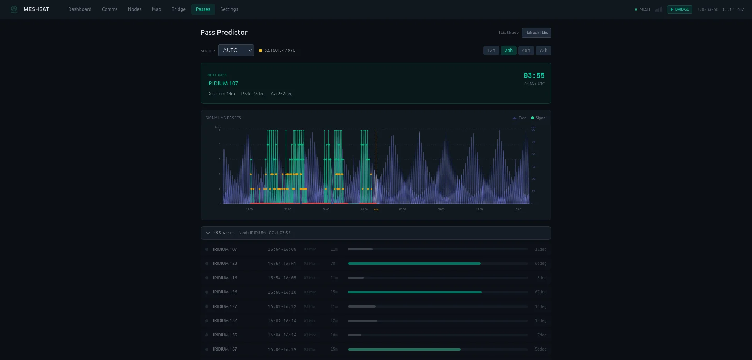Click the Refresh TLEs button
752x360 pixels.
click(x=536, y=33)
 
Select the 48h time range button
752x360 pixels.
click(x=526, y=51)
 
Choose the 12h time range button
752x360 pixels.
click(x=491, y=51)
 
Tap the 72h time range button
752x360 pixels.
click(x=543, y=51)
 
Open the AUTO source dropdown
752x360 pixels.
click(x=236, y=51)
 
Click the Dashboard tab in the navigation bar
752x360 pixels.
click(x=80, y=9)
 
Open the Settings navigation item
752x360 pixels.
click(x=229, y=9)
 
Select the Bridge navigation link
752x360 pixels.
click(x=178, y=9)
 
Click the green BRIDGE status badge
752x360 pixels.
click(x=680, y=9)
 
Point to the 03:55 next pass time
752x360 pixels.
click(x=534, y=76)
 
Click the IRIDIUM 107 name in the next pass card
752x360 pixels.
click(x=222, y=83)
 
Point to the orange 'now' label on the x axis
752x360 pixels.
click(x=376, y=210)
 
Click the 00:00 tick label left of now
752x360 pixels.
click(x=326, y=210)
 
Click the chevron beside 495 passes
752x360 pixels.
click(x=208, y=233)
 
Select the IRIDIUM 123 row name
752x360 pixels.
click(x=225, y=264)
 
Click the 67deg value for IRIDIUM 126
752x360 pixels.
click(x=540, y=292)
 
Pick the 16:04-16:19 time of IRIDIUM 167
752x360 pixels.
click(x=282, y=349)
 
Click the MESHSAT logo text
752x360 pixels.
click(x=36, y=9)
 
